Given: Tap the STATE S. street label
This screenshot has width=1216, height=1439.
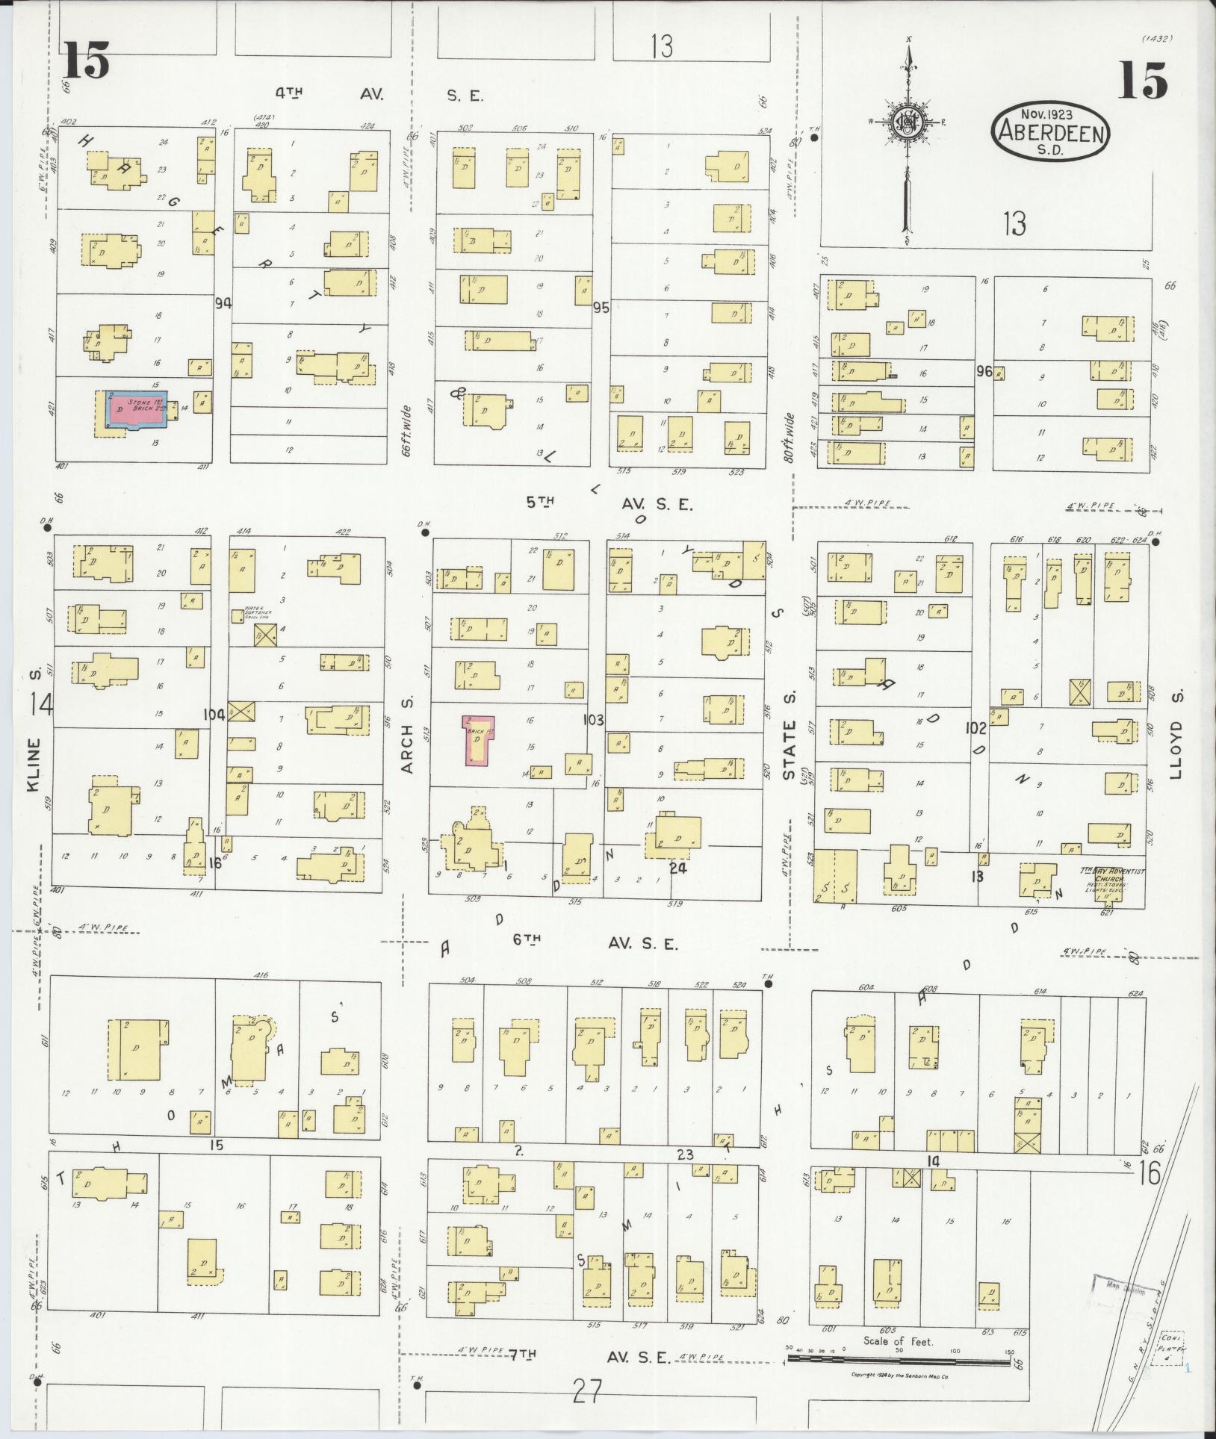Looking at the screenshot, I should (790, 736).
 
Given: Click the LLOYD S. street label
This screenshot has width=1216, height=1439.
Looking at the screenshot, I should (1177, 736).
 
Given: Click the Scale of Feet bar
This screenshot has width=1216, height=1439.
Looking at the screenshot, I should (900, 1357).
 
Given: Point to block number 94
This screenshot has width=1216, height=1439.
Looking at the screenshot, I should (222, 303).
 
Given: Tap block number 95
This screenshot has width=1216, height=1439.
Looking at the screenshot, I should (601, 307).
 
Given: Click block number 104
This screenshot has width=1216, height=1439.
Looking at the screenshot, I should (214, 715).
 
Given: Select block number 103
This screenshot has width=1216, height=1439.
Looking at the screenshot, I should (595, 720).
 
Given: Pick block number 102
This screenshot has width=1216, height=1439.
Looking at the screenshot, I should (975, 728).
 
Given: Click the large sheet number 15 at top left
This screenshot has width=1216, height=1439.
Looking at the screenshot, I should (86, 60).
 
